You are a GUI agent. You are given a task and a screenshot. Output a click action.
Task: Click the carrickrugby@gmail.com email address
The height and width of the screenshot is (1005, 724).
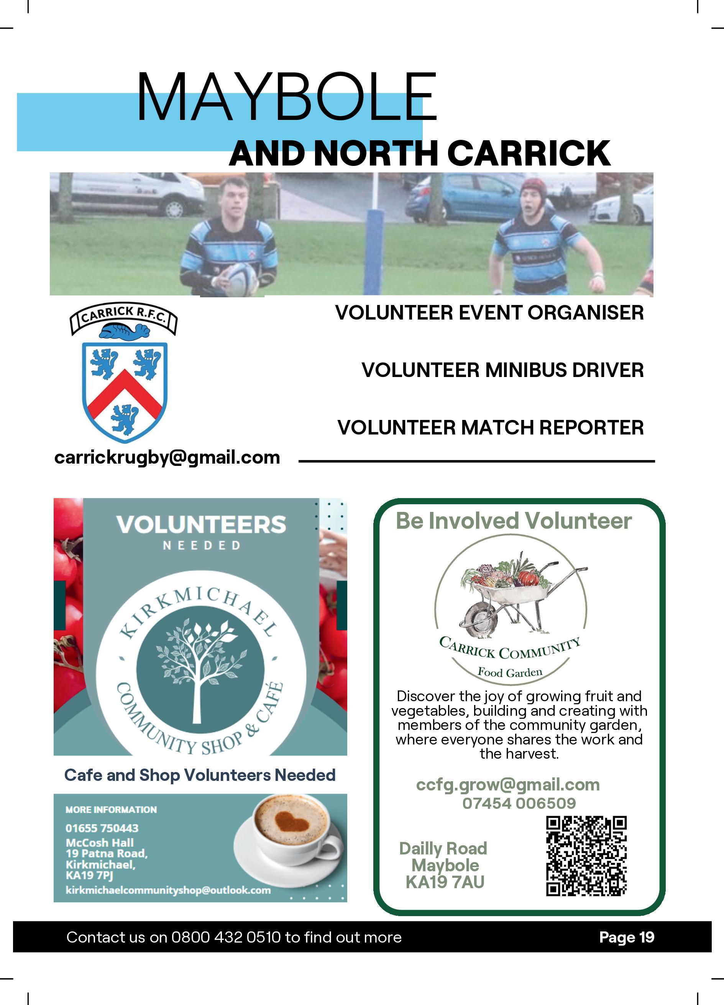167,457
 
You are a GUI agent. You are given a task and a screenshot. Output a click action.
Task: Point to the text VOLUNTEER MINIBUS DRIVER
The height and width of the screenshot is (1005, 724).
502,370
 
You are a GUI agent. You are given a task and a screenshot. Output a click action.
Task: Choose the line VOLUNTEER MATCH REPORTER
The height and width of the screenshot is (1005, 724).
490,428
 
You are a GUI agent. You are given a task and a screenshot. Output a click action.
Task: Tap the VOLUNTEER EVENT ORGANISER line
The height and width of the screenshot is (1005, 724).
489,312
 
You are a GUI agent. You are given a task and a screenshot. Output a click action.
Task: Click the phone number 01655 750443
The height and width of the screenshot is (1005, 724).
102,828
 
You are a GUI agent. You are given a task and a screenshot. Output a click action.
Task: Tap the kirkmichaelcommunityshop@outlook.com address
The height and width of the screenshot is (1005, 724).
168,890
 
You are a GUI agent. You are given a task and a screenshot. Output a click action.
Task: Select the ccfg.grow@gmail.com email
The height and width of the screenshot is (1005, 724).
507,784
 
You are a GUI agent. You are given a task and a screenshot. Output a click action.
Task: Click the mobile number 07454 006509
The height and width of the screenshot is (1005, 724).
519,803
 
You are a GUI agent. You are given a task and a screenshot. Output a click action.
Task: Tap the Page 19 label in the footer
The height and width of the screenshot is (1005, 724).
627,937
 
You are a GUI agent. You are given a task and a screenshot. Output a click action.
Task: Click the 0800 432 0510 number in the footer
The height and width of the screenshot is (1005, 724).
226,937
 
